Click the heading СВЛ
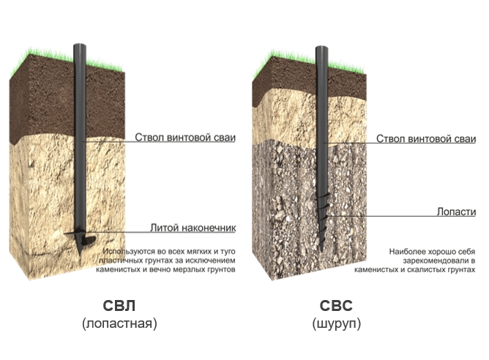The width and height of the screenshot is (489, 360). coord(119,306)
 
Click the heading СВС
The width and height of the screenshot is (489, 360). coord(336,306)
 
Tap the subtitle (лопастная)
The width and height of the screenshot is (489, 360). coord(119,323)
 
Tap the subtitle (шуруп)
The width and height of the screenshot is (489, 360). coord(337,323)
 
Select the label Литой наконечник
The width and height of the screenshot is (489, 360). coord(193,228)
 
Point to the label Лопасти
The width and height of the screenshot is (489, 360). coord(456,211)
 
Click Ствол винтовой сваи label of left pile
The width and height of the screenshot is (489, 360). coord(185,138)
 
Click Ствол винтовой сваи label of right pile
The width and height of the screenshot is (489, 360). coord(426,139)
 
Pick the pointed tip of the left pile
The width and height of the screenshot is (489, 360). coord(80,255)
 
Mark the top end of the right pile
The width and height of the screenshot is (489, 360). coord(321,48)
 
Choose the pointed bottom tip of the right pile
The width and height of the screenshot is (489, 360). coord(321,250)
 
